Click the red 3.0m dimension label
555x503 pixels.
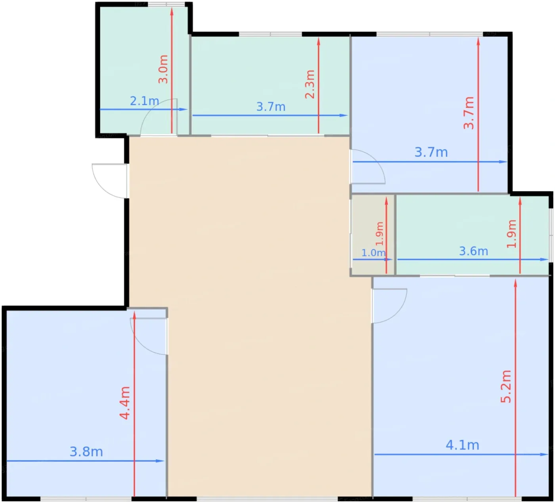point(163,69)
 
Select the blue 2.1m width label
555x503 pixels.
point(144,101)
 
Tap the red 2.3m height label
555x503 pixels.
point(310,84)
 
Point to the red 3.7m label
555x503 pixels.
point(469,113)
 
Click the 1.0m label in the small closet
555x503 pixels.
point(373,252)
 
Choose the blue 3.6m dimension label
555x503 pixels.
point(474,251)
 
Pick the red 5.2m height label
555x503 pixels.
point(506,386)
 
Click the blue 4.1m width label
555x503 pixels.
point(462,445)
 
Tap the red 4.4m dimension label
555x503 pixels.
point(125,403)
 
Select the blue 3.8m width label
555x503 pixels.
point(86,452)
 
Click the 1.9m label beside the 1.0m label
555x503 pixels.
point(380,234)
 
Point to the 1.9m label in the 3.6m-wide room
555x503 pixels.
point(511,234)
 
